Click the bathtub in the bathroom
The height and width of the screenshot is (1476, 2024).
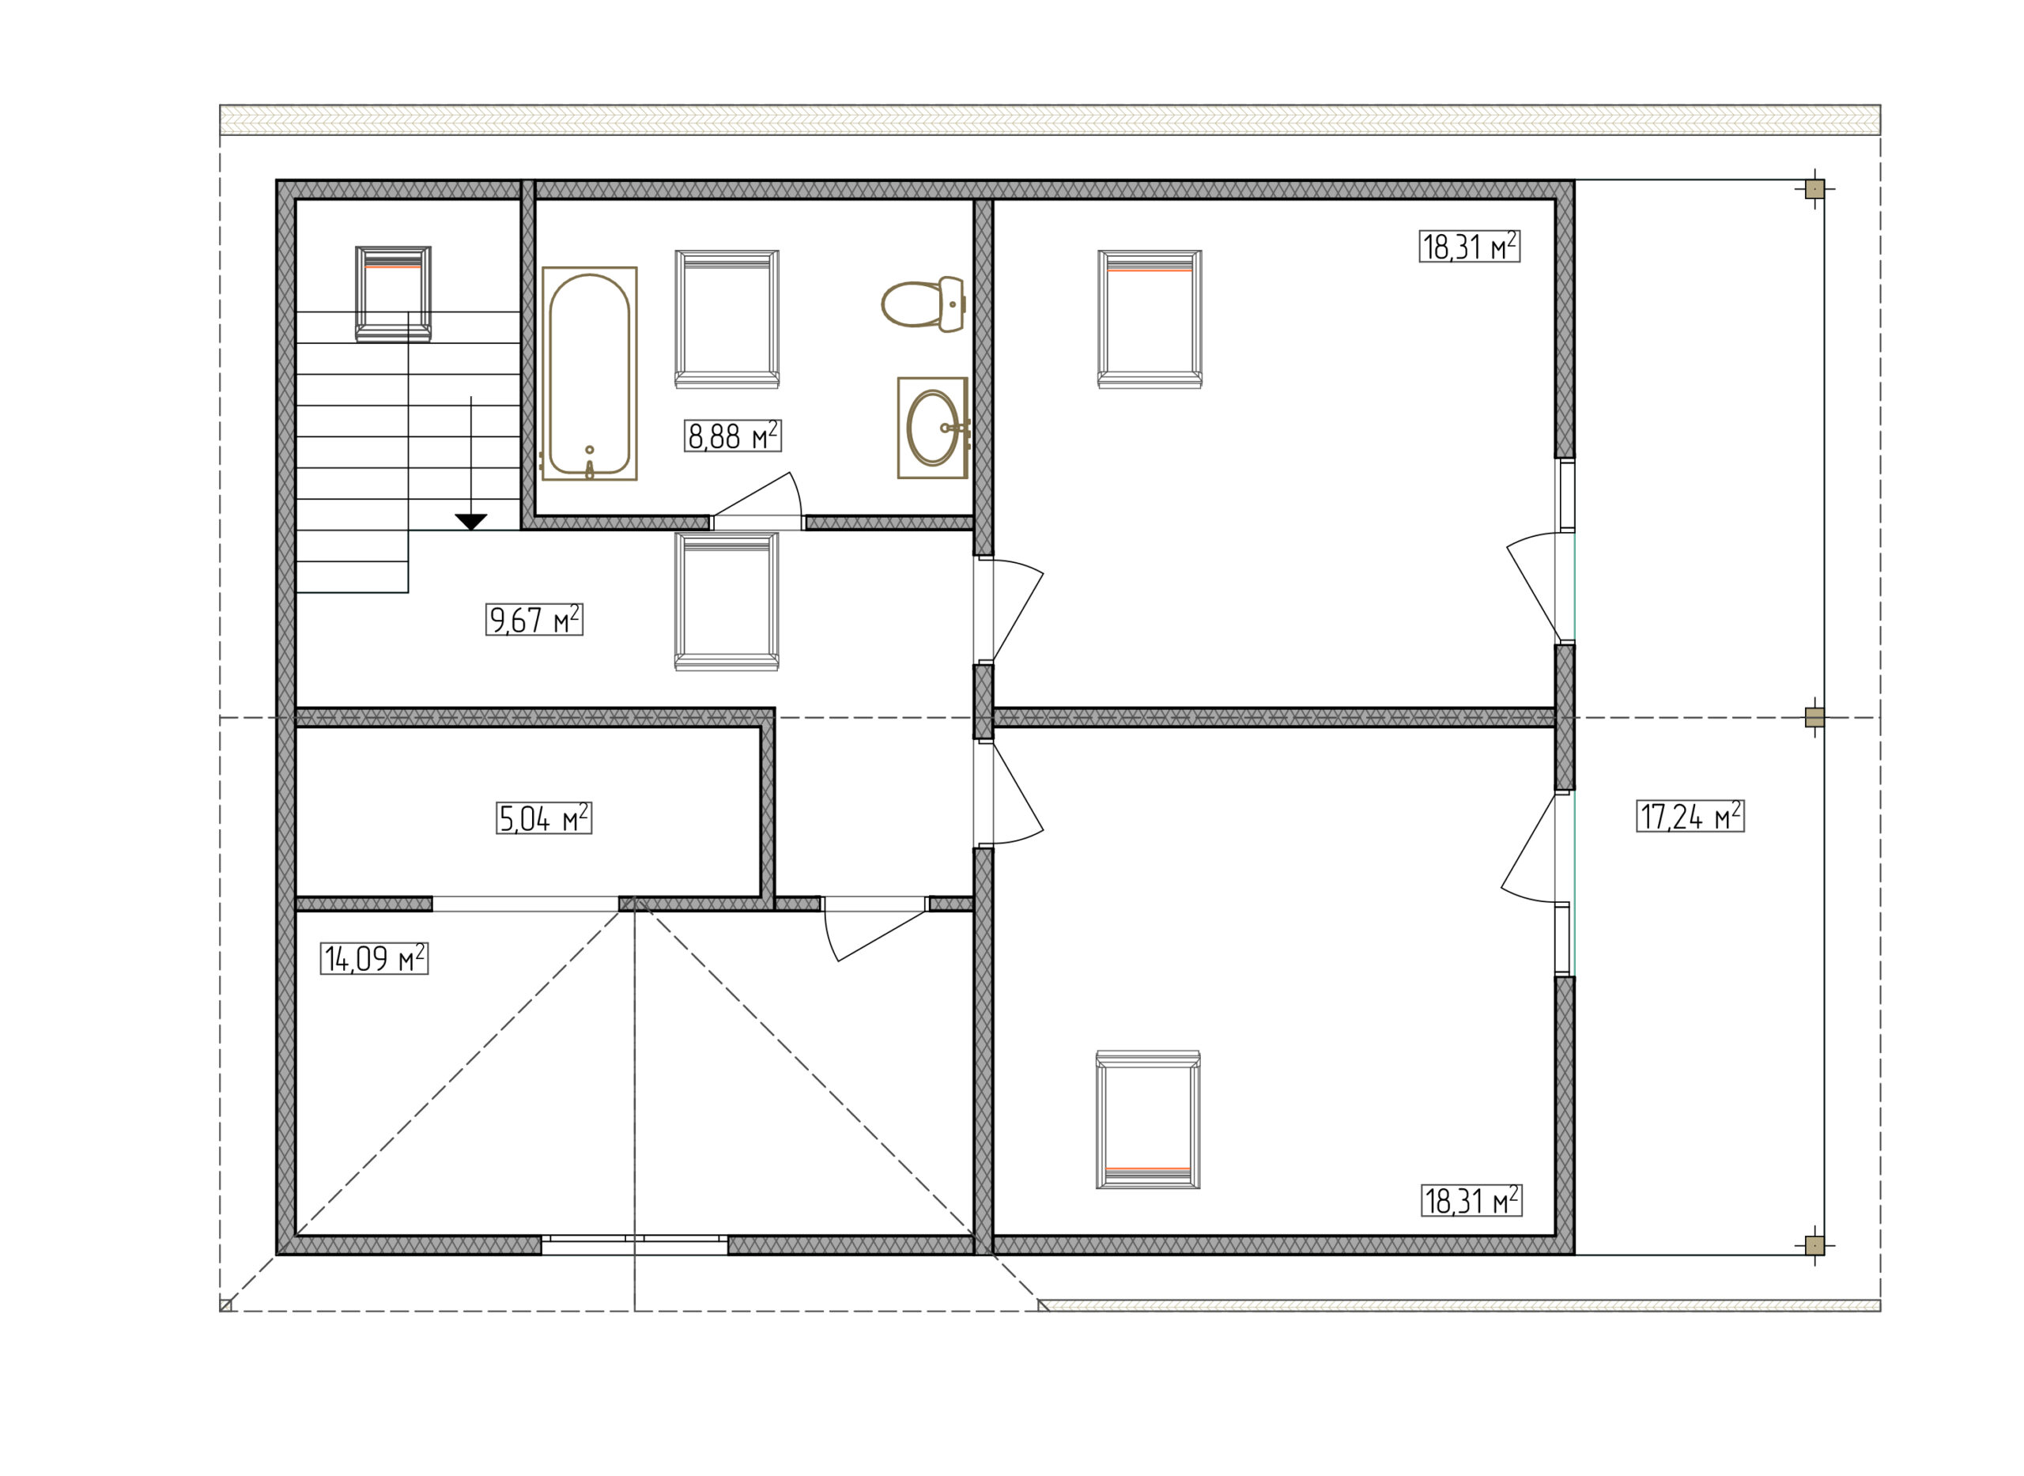[x=589, y=373]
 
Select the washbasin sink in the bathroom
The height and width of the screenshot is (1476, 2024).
[x=933, y=427]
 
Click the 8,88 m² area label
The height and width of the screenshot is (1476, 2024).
[x=733, y=436]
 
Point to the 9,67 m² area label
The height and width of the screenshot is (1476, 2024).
[x=534, y=619]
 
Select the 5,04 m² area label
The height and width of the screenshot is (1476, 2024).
[x=544, y=817]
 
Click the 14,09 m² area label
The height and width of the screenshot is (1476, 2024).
[x=375, y=958]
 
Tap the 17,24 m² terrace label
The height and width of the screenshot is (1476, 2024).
[x=1690, y=816]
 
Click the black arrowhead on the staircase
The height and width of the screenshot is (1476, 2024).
[x=471, y=523]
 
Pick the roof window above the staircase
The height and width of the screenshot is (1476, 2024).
[x=393, y=294]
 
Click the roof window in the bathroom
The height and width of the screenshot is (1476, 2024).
[x=727, y=319]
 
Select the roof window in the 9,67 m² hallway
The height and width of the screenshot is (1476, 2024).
[x=727, y=602]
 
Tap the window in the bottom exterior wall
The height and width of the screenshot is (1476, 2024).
[x=634, y=1244]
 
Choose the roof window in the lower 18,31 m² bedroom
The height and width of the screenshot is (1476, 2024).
[x=1148, y=1119]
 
